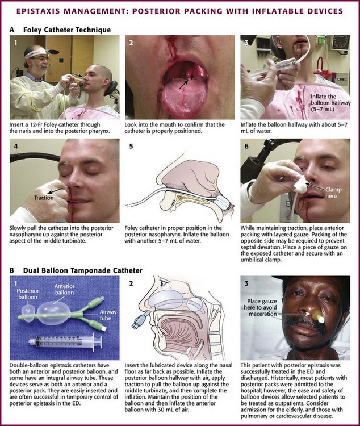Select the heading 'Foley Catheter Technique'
pyautogui.click(x=67, y=30)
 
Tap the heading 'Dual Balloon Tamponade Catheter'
pyautogui.click(x=82, y=270)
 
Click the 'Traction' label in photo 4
pyautogui.click(x=44, y=198)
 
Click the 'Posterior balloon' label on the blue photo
pyautogui.click(x=28, y=294)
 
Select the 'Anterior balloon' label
pyautogui.click(x=64, y=289)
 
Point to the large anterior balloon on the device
pyautogui.click(x=54, y=313)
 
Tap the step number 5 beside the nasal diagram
pyautogui.click(x=131, y=147)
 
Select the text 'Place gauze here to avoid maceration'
pyautogui.click(x=262, y=307)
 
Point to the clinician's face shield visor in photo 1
pyautogui.click(x=37, y=52)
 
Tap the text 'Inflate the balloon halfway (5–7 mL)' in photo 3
pyautogui.click(x=330, y=103)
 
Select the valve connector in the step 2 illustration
pyautogui.click(x=140, y=319)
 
